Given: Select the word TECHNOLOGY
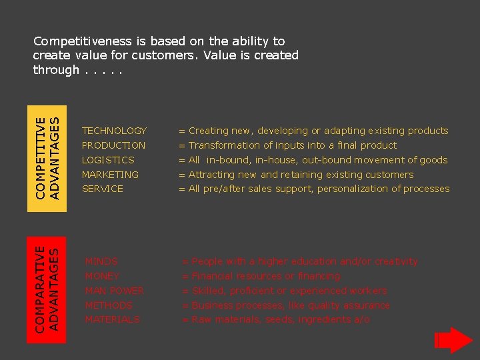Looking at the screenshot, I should pos(114,131).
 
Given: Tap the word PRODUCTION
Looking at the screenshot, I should pos(113,145).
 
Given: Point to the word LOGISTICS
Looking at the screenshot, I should pos(108,160).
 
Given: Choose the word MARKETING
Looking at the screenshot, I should pos(110,175).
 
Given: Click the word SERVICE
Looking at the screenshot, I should pos(103,189).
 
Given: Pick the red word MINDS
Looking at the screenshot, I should pos(101,261).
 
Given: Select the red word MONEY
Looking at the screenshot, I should pos(102,276).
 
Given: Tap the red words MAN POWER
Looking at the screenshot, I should pos(115,291).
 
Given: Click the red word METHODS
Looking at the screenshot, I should pos(109,305).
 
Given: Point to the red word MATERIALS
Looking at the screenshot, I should pos(112,320).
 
